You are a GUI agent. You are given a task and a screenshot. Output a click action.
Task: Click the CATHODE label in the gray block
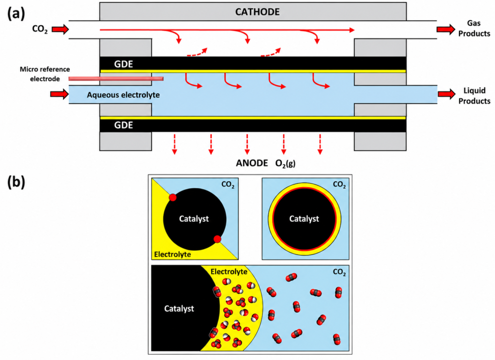pyautogui.click(x=257, y=12)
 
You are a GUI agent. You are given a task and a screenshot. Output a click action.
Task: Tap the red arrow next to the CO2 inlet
pyautogui.click(x=60, y=29)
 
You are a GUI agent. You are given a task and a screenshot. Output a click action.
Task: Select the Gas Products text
pyautogui.click(x=474, y=28)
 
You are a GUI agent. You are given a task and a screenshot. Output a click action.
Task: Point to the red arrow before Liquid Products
pyautogui.click(x=446, y=94)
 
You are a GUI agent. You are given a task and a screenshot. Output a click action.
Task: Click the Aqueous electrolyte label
pyautogui.click(x=123, y=95)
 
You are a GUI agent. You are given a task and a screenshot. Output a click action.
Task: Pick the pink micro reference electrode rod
pyautogui.click(x=116, y=79)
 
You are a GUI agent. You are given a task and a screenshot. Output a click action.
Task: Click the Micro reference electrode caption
pyautogui.click(x=45, y=74)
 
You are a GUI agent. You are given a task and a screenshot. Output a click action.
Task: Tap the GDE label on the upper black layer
pyautogui.click(x=123, y=64)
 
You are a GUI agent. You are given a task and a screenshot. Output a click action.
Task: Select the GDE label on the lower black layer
pyautogui.click(x=123, y=125)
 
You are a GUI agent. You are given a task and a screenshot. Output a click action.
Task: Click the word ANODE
pyautogui.click(x=252, y=163)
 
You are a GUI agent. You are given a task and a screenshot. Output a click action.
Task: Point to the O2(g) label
pyautogui.click(x=285, y=163)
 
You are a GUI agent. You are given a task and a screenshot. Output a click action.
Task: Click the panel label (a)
pyautogui.click(x=16, y=14)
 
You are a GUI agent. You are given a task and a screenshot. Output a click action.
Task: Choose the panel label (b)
pyautogui.click(x=16, y=182)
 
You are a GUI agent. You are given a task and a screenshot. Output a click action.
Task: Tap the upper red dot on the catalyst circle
pyautogui.click(x=173, y=198)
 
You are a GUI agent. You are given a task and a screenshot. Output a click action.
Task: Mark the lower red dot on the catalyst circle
pyautogui.click(x=217, y=239)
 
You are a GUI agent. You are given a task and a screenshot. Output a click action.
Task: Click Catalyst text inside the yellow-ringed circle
pyautogui.click(x=304, y=218)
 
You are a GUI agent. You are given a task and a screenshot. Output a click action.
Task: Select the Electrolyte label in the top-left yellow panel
pyautogui.click(x=173, y=254)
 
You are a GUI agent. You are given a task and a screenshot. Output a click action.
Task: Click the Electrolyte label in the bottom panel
pyautogui.click(x=229, y=272)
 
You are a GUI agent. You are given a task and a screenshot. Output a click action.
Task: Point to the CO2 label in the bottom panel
pyautogui.click(x=339, y=272)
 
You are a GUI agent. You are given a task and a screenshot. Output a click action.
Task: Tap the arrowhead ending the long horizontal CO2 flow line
pyautogui.click(x=352, y=30)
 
